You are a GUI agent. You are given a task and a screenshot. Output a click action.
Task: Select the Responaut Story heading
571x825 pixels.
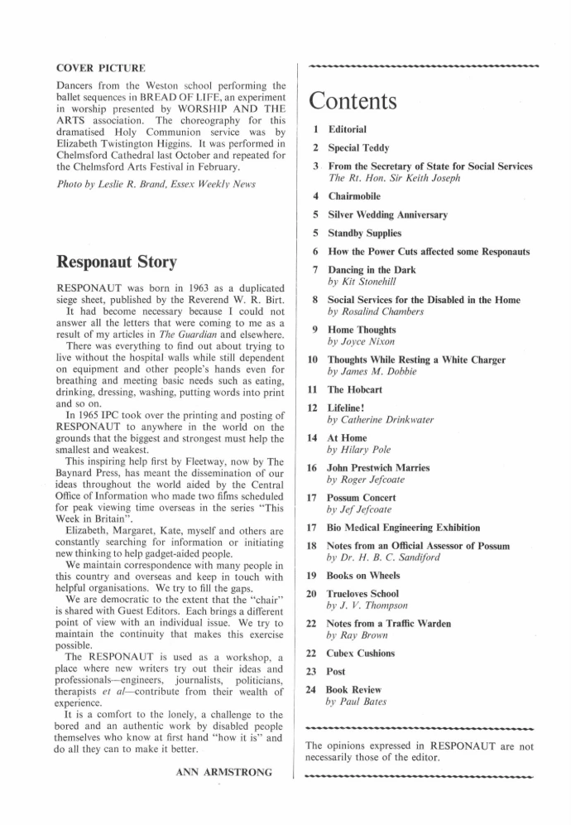coord(116,263)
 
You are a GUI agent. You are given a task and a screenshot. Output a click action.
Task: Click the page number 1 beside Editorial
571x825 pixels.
coord(314,129)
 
